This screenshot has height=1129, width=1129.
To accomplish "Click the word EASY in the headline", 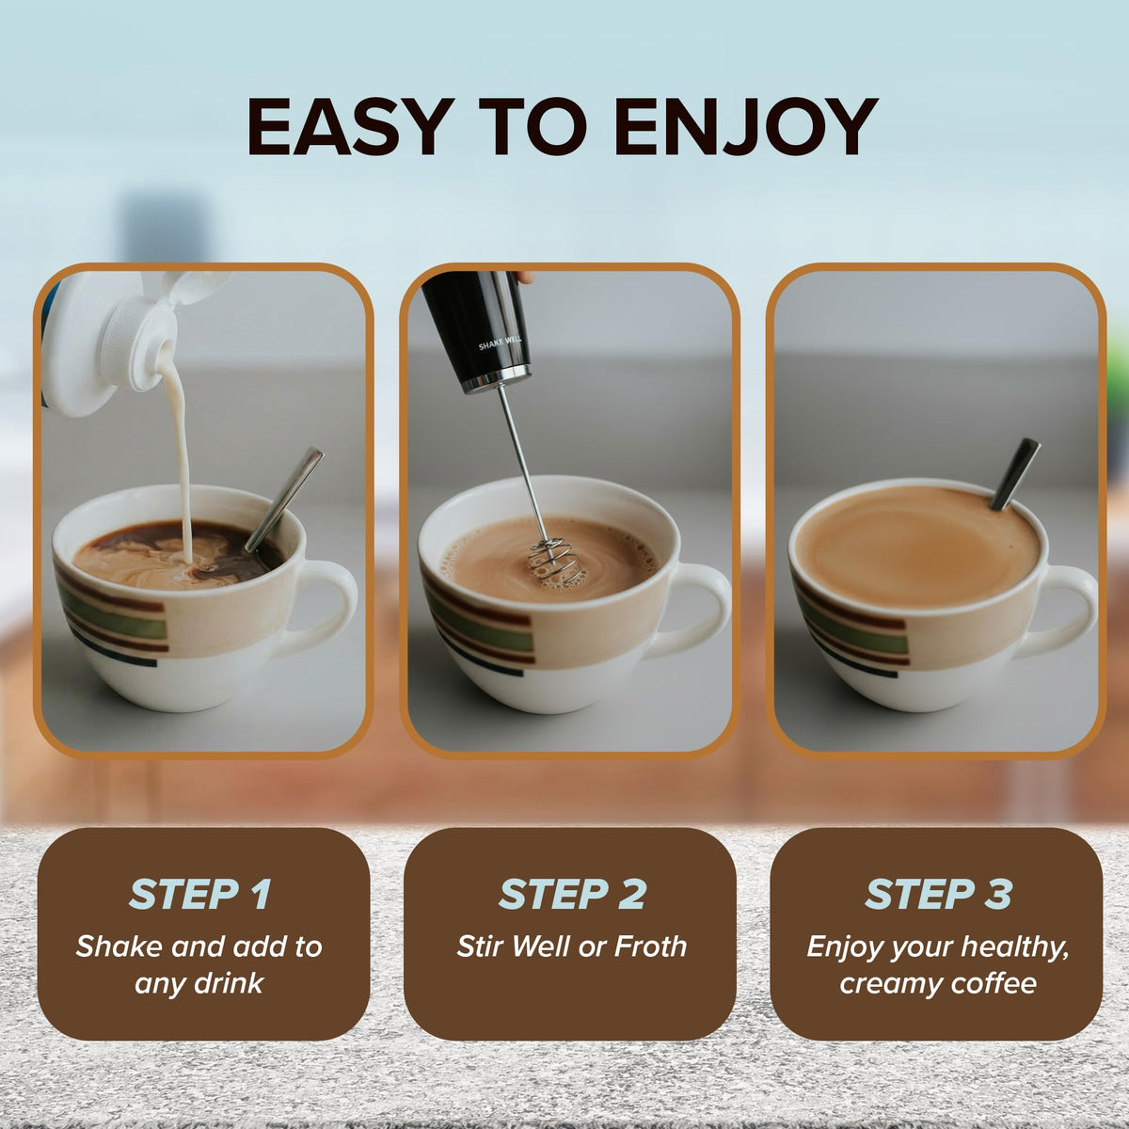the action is click(x=350, y=126).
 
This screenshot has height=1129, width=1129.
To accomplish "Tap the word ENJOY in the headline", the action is click(x=745, y=126).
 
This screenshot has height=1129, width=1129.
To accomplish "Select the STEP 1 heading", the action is click(x=200, y=894).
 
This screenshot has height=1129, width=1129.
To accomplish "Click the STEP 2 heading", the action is click(x=572, y=894).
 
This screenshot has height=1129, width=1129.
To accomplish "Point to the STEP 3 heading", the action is click(x=939, y=894).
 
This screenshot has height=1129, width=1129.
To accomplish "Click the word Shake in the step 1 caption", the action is click(x=119, y=946).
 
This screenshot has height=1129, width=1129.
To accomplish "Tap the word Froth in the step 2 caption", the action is click(x=650, y=946).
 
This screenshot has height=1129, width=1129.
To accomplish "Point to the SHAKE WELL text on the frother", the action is click(x=500, y=343).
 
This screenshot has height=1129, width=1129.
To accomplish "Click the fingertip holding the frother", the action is click(x=525, y=277).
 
